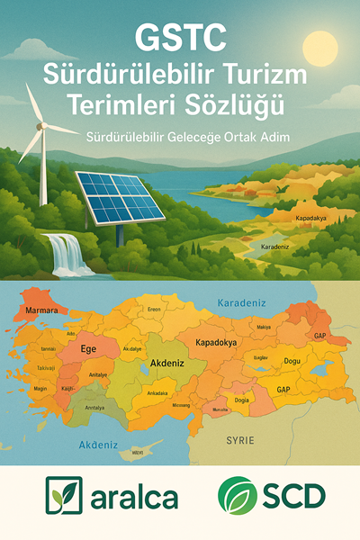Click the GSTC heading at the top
tap(179, 39)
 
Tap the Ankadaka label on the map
tap(157, 392)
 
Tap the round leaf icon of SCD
tap(236, 495)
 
